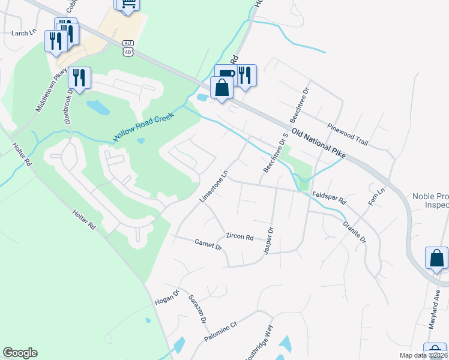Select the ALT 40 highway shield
(x=127, y=49)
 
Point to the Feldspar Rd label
(x=330, y=199)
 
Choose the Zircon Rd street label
(x=240, y=236)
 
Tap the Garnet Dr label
(x=209, y=244)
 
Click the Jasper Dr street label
(x=268, y=240)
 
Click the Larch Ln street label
(x=24, y=33)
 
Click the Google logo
(x=20, y=353)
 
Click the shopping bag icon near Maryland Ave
(x=436, y=258)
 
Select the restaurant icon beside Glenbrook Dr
(x=79, y=77)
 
